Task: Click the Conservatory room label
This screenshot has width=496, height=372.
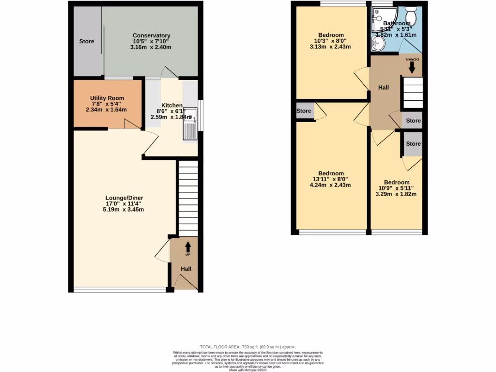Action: [152, 36]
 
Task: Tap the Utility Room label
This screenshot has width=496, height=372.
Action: [107, 98]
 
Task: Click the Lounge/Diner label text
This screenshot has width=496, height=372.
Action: [124, 198]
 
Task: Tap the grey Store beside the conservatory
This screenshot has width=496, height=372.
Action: [87, 42]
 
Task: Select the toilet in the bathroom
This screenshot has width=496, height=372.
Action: [412, 15]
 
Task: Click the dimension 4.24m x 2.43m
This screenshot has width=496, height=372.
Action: [330, 185]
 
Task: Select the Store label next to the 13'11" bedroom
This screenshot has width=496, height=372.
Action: [304, 111]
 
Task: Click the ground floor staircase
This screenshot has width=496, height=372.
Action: [188, 199]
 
